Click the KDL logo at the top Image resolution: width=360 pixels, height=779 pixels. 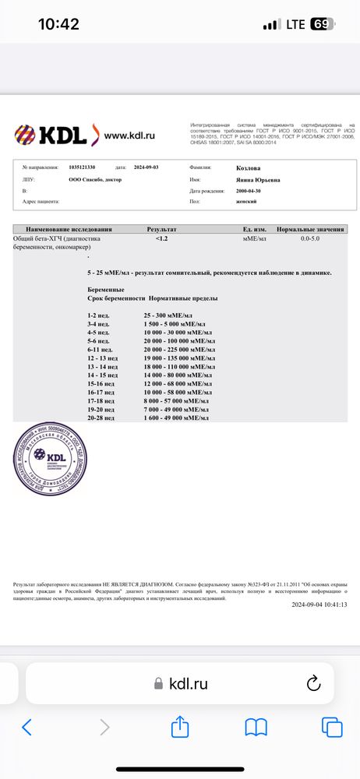tap(53, 135)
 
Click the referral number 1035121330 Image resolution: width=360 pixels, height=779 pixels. tap(82, 167)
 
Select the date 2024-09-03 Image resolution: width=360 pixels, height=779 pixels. tap(150, 167)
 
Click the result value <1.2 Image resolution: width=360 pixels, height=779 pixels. tap(162, 238)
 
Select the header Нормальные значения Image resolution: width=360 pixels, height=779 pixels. tap(309, 230)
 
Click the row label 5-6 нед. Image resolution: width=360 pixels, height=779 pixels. tap(99, 340)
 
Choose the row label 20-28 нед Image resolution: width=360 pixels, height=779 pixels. tap(102, 418)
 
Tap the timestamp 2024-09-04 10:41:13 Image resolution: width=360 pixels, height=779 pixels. tap(319, 605)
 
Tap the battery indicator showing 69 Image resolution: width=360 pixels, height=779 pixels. tap(322, 24)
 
